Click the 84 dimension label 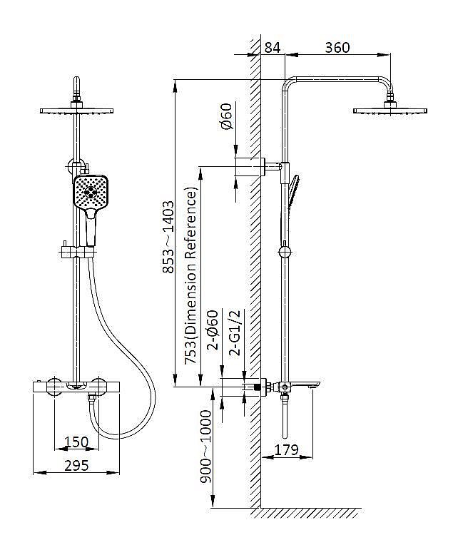pyautogui.click(x=273, y=48)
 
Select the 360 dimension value pyautogui.click(x=337, y=48)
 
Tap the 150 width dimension pyautogui.click(x=76, y=442)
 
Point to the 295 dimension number pyautogui.click(x=76, y=466)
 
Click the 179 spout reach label pyautogui.click(x=287, y=450)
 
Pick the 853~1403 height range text pyautogui.click(x=168, y=238)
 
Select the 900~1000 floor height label pyautogui.click(x=206, y=447)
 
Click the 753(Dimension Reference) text pyautogui.click(x=191, y=275)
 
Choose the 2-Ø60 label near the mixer pyautogui.click(x=213, y=330)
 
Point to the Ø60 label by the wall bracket pyautogui.click(x=227, y=116)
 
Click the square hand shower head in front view pyautogui.click(x=91, y=192)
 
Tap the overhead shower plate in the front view pyautogui.click(x=76, y=111)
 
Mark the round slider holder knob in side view pyautogui.click(x=285, y=252)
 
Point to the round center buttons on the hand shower pyautogui.click(x=91, y=192)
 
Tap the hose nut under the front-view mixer pyautogui.click(x=91, y=398)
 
